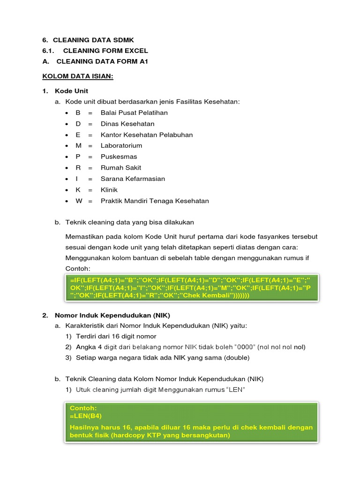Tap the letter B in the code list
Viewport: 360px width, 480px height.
(x=78, y=112)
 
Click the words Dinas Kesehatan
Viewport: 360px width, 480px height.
(x=127, y=124)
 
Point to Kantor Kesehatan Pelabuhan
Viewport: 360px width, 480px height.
(x=146, y=135)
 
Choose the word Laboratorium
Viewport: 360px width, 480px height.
(x=121, y=146)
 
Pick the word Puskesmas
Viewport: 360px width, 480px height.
(x=119, y=157)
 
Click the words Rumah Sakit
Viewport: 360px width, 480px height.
(x=120, y=168)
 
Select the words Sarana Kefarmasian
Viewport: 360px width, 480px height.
(x=133, y=179)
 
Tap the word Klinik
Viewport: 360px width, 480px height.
(x=110, y=190)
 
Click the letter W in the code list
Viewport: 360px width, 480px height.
(x=79, y=201)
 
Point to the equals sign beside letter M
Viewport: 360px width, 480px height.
(x=90, y=146)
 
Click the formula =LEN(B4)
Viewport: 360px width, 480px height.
(x=86, y=416)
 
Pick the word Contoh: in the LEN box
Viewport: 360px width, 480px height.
(x=83, y=408)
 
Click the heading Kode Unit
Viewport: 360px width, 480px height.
(x=71, y=90)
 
